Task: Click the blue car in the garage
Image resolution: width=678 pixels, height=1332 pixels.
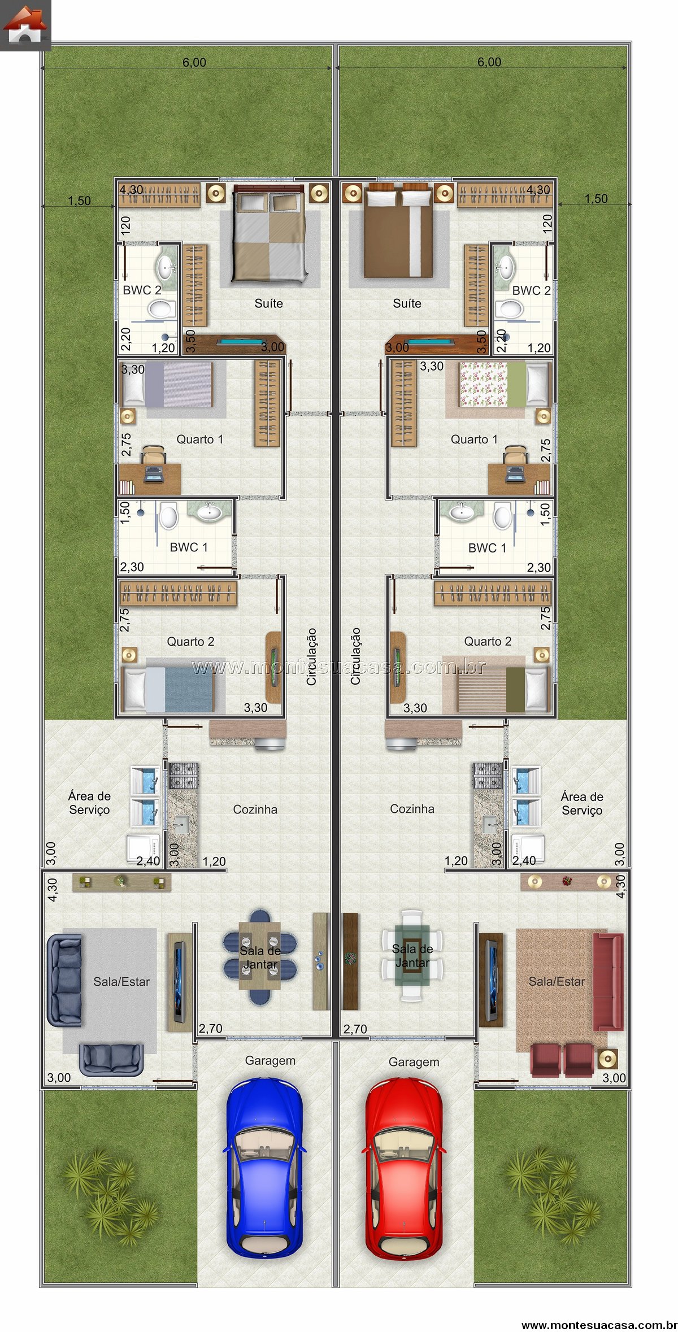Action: point(264,1168)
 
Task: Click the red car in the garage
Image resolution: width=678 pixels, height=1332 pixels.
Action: point(403,1168)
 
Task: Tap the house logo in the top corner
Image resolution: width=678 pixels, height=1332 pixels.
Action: point(25,25)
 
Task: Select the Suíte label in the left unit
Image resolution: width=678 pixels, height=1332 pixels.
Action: point(268,303)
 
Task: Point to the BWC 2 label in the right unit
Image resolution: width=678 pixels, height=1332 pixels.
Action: point(531,290)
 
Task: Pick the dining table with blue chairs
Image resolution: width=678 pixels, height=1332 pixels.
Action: point(260,956)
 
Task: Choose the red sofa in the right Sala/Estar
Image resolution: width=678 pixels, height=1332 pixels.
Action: point(609,982)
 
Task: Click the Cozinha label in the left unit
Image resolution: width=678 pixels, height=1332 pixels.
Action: point(255,809)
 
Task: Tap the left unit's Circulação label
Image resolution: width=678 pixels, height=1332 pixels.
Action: point(311,656)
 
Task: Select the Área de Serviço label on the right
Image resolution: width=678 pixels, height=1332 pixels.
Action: point(582,803)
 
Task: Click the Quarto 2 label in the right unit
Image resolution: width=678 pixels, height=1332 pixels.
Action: point(488,641)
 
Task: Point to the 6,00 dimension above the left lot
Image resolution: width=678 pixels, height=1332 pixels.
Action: point(194,62)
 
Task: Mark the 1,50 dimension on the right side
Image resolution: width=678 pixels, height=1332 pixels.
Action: point(596,198)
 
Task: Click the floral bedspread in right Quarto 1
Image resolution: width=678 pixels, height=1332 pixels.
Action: point(483,384)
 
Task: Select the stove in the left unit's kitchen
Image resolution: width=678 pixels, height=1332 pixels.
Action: point(184,775)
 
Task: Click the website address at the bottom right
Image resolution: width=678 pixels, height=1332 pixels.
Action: point(599,1325)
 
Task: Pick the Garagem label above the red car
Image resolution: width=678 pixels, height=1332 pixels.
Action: point(414,1062)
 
